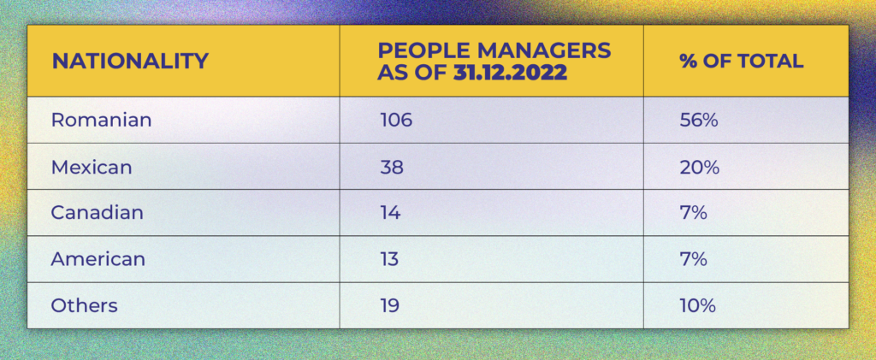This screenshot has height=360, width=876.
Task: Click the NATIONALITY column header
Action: [x=130, y=62]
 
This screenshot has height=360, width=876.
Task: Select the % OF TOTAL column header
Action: [x=741, y=62]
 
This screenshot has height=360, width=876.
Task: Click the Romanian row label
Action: [x=101, y=121]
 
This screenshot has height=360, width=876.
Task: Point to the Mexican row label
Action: [x=92, y=167]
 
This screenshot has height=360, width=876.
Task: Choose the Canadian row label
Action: [x=97, y=213]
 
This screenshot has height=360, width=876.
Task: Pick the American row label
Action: [x=98, y=259]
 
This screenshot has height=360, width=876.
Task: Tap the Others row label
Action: [x=84, y=305]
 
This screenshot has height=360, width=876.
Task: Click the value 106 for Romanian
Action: [x=396, y=121]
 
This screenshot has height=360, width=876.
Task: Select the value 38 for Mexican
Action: [x=392, y=167]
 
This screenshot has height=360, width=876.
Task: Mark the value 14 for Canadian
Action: [x=390, y=213]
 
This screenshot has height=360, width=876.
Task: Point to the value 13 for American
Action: [x=389, y=259]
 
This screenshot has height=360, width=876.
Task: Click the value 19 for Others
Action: [x=390, y=305]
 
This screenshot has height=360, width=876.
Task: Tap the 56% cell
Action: [x=698, y=121]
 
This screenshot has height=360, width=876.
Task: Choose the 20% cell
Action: [x=699, y=167]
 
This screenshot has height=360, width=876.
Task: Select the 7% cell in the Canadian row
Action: [x=693, y=213]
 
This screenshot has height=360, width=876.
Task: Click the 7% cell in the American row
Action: [x=693, y=259]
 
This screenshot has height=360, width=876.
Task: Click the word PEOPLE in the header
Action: [x=420, y=51]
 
